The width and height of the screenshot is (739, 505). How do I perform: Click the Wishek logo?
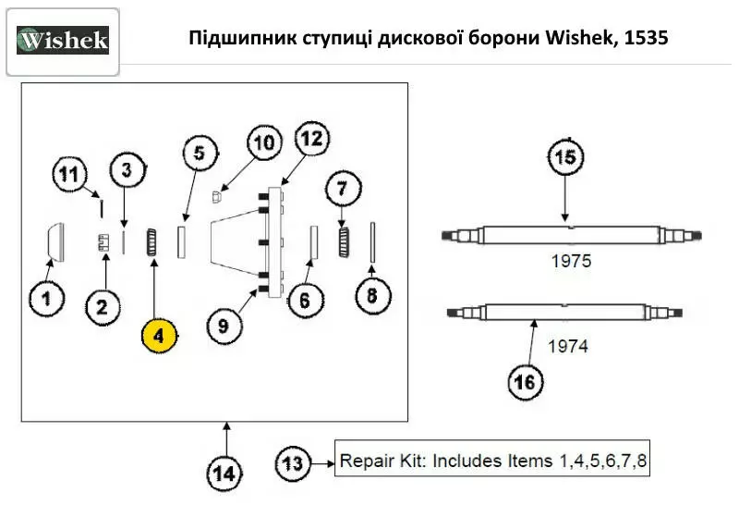(63, 41)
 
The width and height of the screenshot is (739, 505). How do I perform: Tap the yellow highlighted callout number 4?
(159, 336)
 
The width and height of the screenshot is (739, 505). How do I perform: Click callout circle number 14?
(223, 474)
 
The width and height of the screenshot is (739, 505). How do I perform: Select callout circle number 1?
(46, 298)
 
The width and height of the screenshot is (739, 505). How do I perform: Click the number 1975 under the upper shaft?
(570, 262)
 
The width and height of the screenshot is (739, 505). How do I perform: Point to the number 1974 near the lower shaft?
(568, 348)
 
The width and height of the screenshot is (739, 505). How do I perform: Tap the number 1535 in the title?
(646, 39)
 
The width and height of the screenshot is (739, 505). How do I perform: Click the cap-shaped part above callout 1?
(55, 241)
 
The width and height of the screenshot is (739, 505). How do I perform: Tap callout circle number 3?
(127, 168)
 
